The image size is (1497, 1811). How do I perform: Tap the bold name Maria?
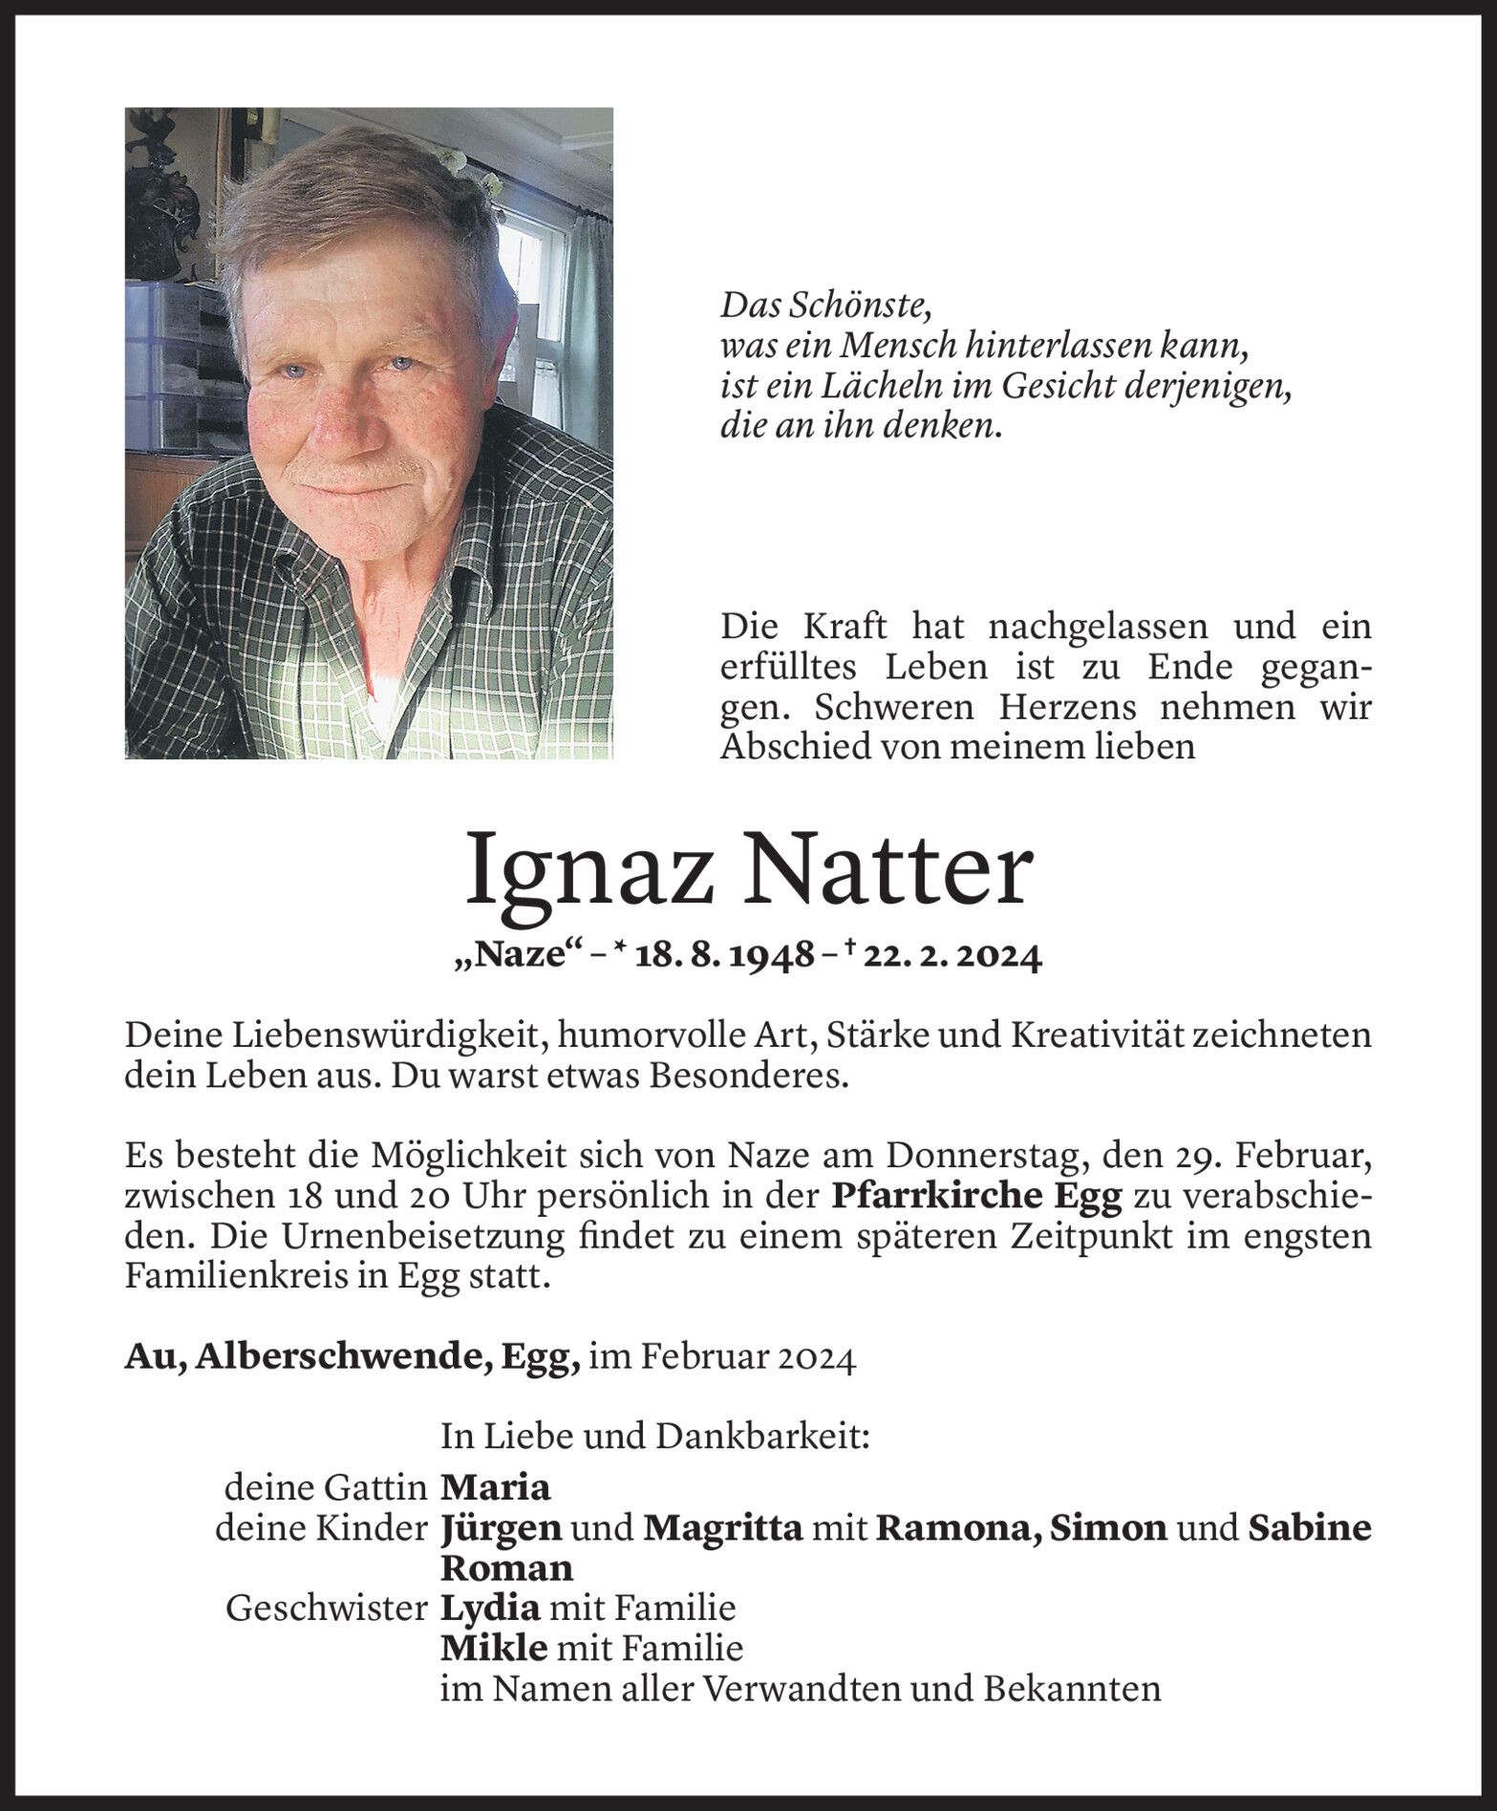tap(496, 1487)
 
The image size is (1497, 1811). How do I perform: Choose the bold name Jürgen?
tap(502, 1528)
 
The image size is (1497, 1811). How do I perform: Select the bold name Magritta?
tap(723, 1528)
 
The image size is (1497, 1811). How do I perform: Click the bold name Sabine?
tap(1310, 1528)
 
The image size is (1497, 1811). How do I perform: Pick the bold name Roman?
tap(506, 1568)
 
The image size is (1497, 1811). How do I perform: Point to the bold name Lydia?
tap(490, 1609)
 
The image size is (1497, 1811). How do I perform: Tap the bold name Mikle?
tap(494, 1649)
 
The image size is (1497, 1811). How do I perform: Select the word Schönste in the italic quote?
tap(859, 307)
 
